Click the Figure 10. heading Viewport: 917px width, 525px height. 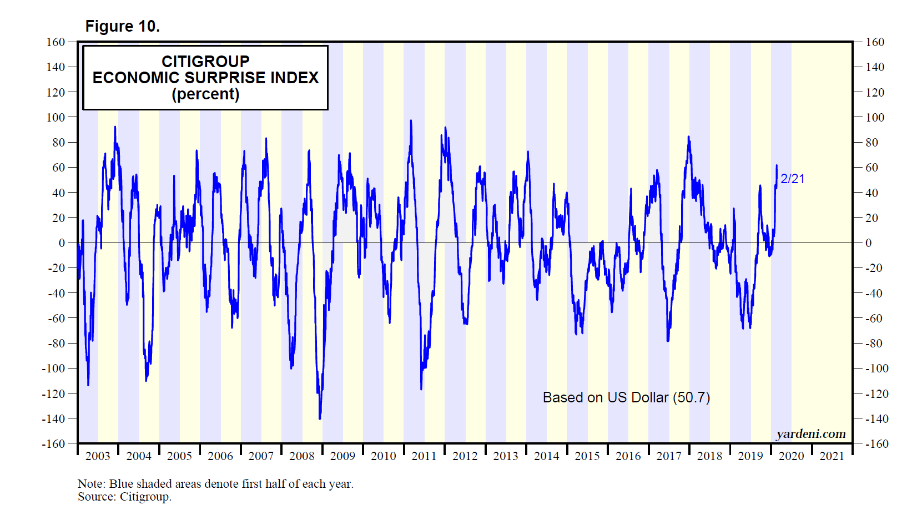click(122, 26)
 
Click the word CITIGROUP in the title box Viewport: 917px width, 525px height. click(205, 61)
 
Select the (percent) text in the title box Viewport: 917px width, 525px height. click(205, 94)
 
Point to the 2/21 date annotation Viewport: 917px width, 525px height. click(792, 179)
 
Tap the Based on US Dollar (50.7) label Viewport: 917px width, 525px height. click(626, 397)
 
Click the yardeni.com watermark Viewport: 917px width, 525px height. click(810, 434)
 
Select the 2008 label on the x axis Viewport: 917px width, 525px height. click(302, 456)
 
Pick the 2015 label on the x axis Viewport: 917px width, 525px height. click(587, 456)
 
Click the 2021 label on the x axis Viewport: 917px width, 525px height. click(832, 456)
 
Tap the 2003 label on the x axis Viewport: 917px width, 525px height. click(98, 456)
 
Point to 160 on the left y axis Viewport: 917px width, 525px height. click(56, 42)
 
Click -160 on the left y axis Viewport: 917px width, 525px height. click(53, 444)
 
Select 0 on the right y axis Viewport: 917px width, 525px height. click(869, 243)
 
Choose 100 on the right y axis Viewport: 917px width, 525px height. click(875, 118)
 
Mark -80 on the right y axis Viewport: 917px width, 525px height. click(874, 344)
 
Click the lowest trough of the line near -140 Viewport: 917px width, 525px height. click(320, 418)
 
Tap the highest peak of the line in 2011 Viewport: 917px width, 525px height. click(411, 120)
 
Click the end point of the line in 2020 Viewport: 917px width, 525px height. click(777, 165)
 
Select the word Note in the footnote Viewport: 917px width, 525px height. click(90, 484)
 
